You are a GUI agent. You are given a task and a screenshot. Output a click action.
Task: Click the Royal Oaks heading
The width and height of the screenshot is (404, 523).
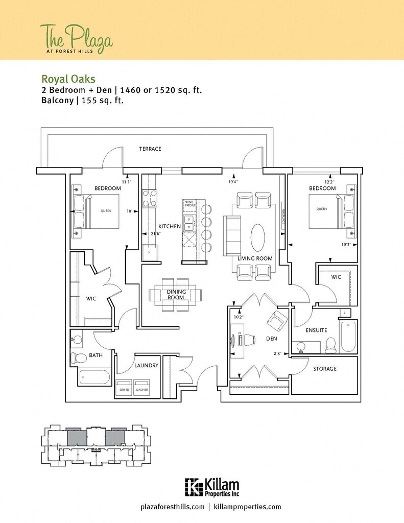(x=68, y=79)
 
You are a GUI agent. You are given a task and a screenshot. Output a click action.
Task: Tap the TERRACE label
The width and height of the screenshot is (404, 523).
(x=150, y=149)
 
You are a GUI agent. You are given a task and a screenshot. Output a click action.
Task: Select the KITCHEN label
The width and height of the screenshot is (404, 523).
(x=169, y=226)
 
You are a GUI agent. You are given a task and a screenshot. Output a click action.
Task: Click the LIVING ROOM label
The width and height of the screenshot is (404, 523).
(x=255, y=258)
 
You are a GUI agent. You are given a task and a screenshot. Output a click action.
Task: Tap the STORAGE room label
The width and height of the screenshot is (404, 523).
(x=324, y=369)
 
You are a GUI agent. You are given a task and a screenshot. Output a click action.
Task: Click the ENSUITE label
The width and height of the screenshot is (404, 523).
(x=316, y=330)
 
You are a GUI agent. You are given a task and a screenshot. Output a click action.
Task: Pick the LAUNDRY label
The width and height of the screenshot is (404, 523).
(x=146, y=366)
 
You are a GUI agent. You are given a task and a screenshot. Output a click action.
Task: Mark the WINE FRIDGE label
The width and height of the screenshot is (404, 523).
(x=189, y=205)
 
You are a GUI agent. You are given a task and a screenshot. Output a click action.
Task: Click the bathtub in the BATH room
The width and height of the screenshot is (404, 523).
(x=95, y=377)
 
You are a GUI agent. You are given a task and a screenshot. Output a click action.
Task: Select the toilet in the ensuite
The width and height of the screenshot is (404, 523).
(x=330, y=345)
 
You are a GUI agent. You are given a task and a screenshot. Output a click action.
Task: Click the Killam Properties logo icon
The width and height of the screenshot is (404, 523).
(x=193, y=487)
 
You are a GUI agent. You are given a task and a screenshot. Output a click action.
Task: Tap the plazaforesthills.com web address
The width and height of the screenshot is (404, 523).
(x=172, y=507)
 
